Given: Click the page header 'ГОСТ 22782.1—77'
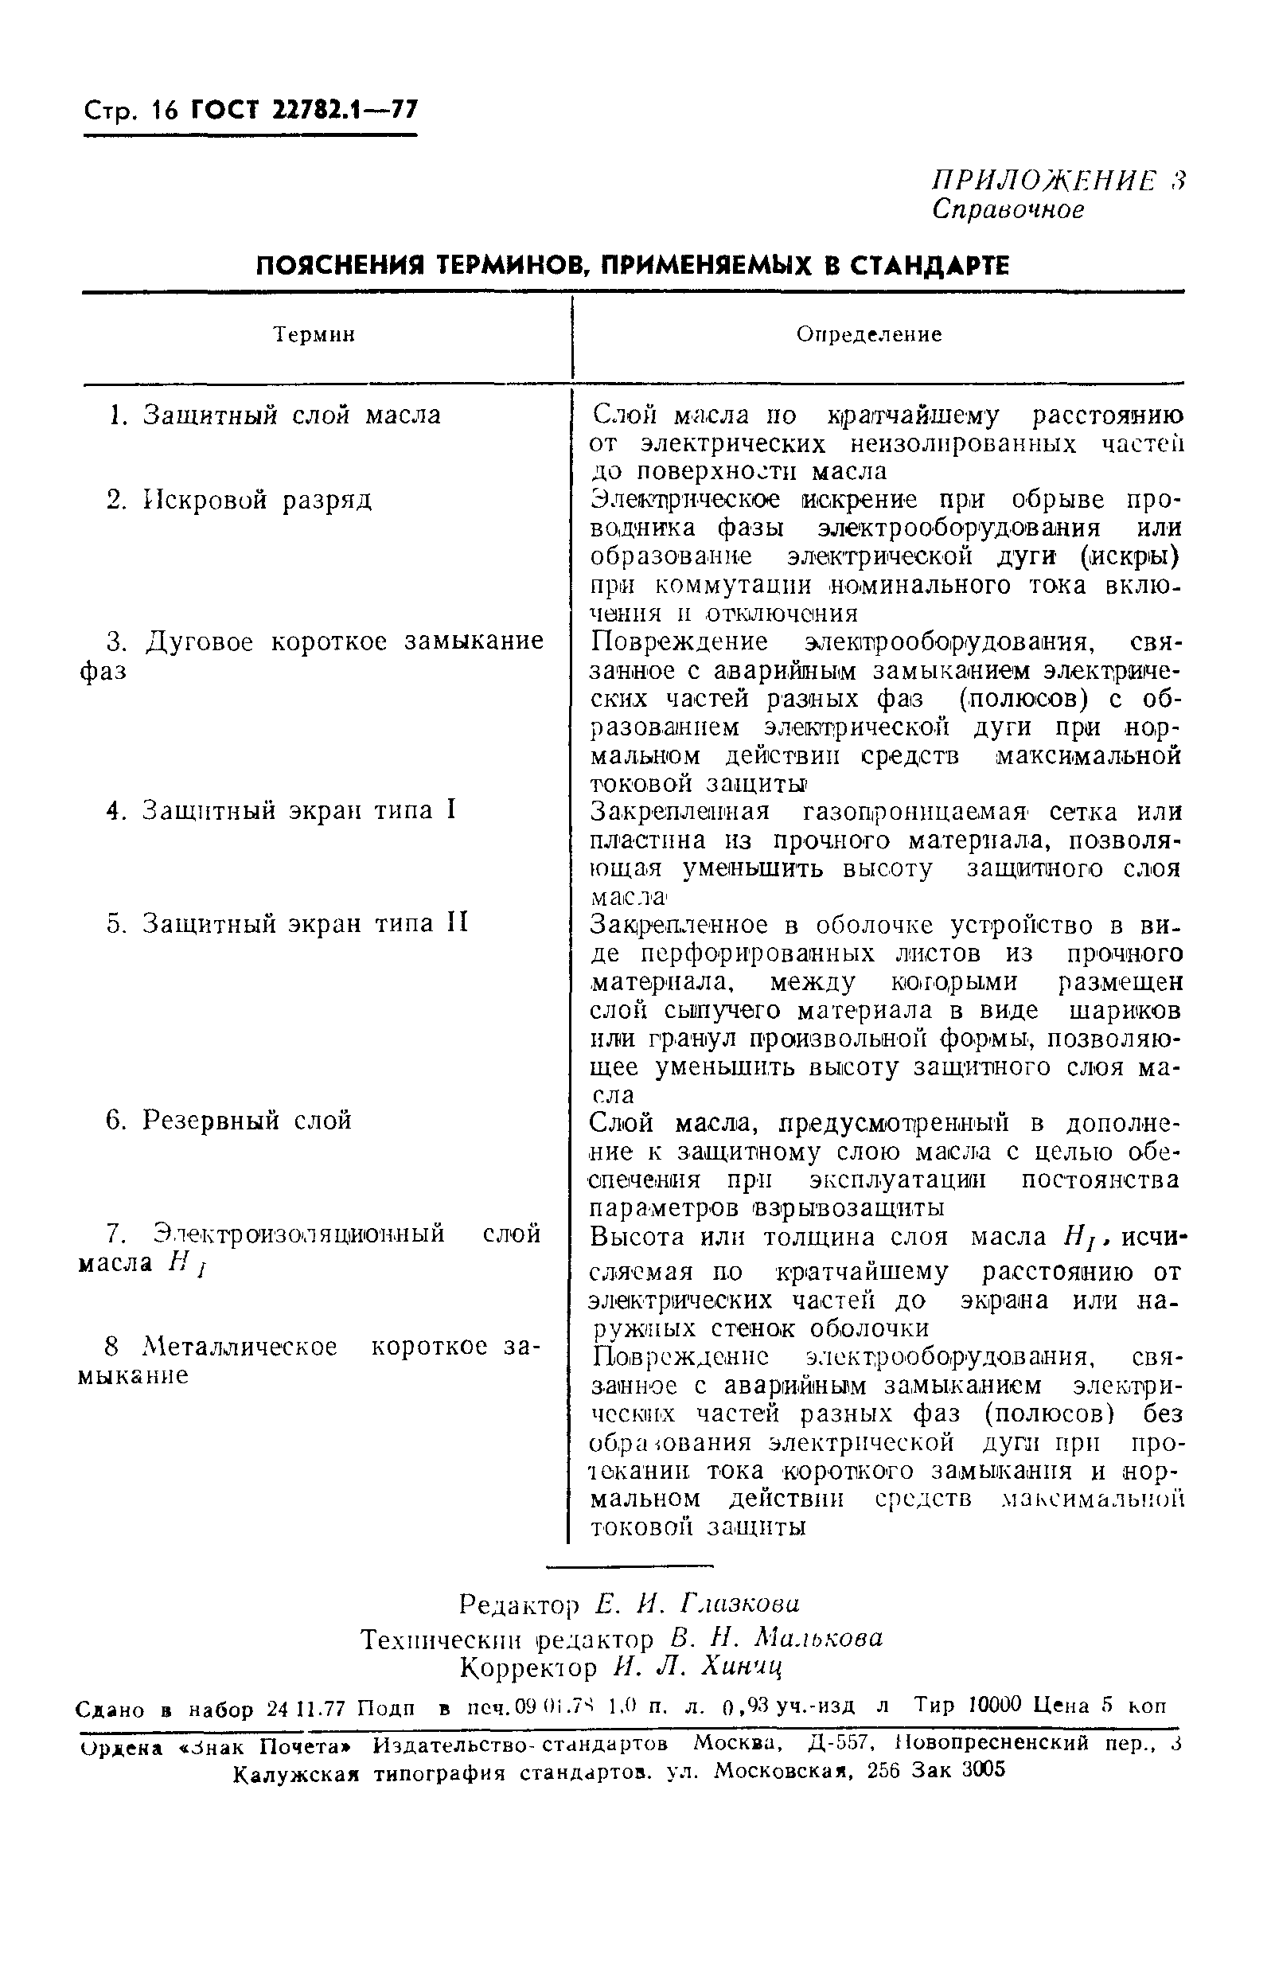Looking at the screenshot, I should [304, 110].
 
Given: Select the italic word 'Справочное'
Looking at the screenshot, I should [1008, 209].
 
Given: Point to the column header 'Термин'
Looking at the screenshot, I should [314, 335].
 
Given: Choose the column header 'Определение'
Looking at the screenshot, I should [869, 334].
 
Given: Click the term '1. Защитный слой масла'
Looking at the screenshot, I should [275, 415].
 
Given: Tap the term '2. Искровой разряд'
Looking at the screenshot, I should [240, 500].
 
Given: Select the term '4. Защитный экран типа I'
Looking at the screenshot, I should [281, 810].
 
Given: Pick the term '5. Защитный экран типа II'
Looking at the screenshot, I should [287, 922].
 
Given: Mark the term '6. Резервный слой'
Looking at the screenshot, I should [228, 1120].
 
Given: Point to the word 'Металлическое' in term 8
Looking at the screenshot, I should [240, 1347].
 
